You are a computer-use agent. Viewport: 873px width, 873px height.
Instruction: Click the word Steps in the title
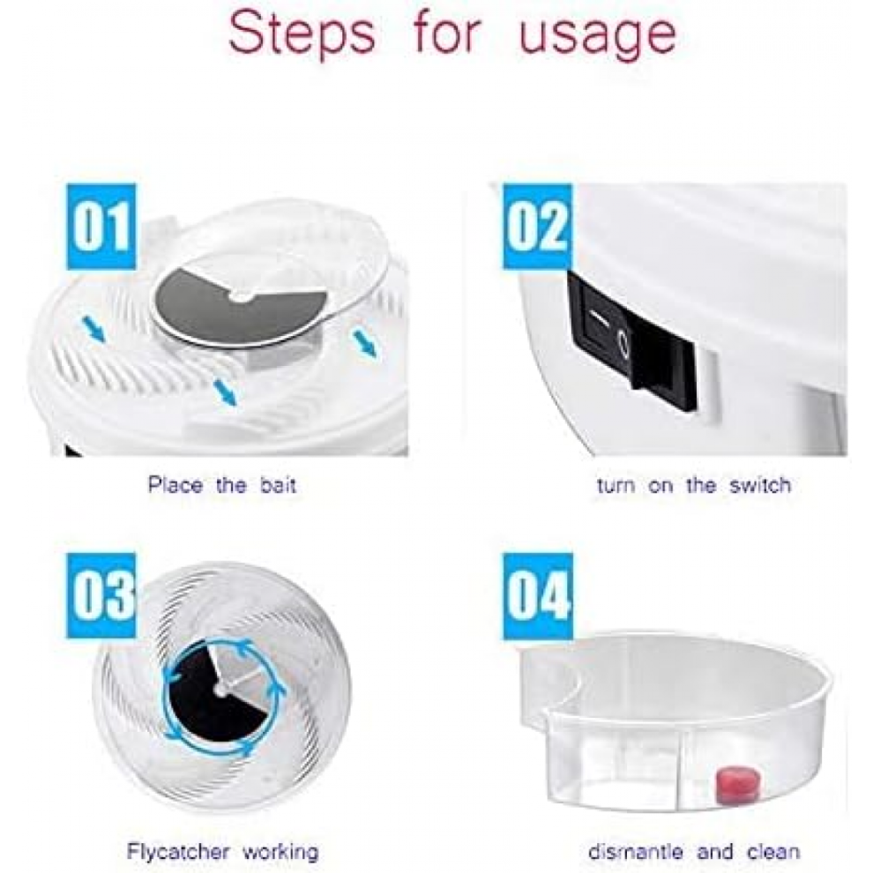[x=302, y=34]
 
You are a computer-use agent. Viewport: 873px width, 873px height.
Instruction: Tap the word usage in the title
[x=597, y=39]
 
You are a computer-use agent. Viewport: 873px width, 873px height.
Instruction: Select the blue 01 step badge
[x=101, y=228]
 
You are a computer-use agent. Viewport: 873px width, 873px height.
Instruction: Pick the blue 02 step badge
[x=537, y=228]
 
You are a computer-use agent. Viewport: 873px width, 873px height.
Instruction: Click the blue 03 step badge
[x=101, y=597]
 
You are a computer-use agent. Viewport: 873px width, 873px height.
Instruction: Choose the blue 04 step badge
[x=537, y=597]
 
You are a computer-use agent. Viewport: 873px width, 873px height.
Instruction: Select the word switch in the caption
[x=760, y=486]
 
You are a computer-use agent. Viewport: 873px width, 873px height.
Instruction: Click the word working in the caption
[x=280, y=853]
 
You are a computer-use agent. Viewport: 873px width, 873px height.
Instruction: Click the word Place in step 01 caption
[x=175, y=486]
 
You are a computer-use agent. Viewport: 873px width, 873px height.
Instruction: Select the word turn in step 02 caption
[x=616, y=486]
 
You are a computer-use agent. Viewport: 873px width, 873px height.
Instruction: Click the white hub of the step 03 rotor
[x=220, y=690]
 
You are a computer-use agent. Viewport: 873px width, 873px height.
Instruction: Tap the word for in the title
[x=446, y=34]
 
